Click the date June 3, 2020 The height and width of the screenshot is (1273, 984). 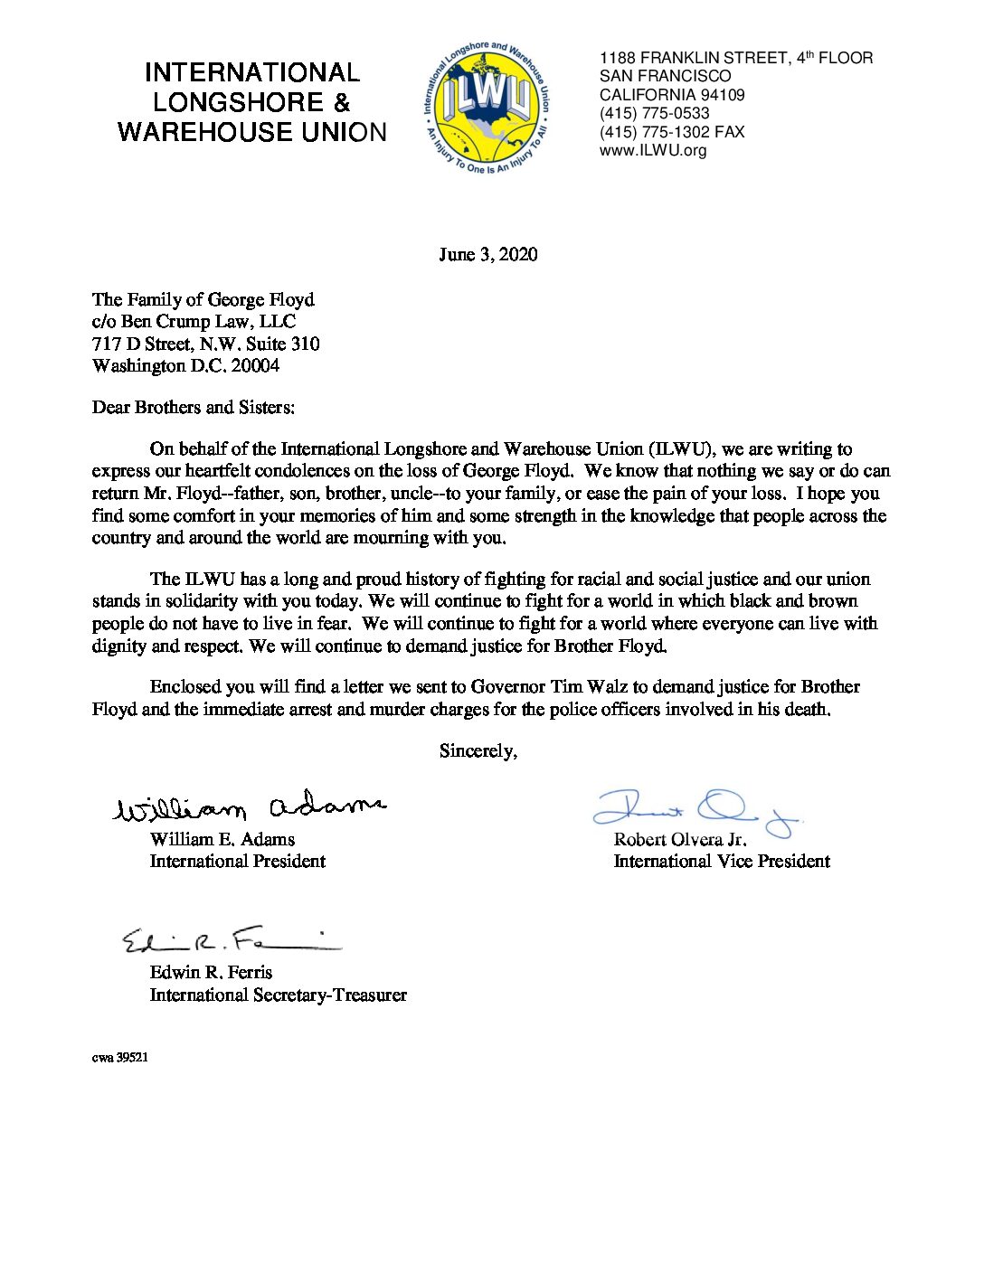(488, 254)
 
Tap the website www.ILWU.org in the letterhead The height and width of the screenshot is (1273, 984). (653, 150)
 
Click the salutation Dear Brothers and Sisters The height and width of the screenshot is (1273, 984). (193, 407)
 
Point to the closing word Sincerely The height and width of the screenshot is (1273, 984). (478, 750)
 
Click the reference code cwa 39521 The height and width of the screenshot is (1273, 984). (119, 1057)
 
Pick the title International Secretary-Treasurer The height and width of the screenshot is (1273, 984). (278, 995)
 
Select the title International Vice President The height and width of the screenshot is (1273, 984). (722, 861)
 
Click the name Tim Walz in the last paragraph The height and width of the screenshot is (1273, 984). (582, 687)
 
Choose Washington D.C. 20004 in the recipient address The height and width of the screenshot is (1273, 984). (185, 365)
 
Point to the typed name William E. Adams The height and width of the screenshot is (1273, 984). (222, 839)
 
